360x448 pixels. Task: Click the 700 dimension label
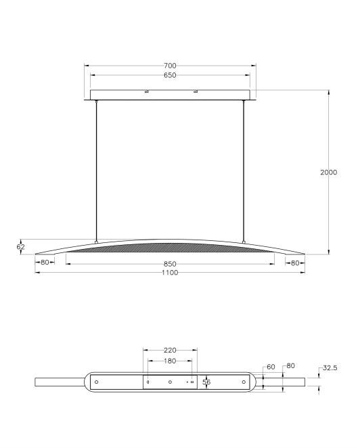(170, 66)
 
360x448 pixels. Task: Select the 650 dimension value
(170, 75)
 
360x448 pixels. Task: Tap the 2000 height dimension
(329, 173)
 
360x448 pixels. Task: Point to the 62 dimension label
(20, 246)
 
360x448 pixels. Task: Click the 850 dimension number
(170, 264)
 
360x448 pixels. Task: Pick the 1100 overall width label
(170, 273)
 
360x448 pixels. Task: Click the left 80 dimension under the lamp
(45, 263)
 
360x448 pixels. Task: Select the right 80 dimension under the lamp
(295, 263)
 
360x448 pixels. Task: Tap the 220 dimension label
(170, 351)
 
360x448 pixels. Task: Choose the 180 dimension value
(170, 361)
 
